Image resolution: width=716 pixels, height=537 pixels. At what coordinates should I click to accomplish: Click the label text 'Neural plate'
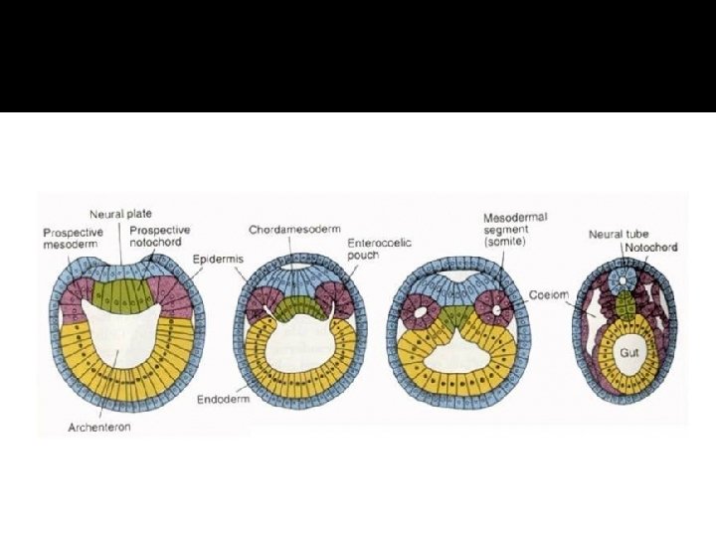coord(120,215)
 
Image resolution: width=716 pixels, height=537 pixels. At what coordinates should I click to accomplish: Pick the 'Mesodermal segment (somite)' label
coord(515,230)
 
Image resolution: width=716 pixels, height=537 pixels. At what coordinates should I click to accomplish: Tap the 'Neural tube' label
coord(613,235)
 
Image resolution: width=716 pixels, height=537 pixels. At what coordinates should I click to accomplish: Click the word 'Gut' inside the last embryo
coord(628,353)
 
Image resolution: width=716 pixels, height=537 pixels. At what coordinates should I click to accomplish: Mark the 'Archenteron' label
coord(100,427)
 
